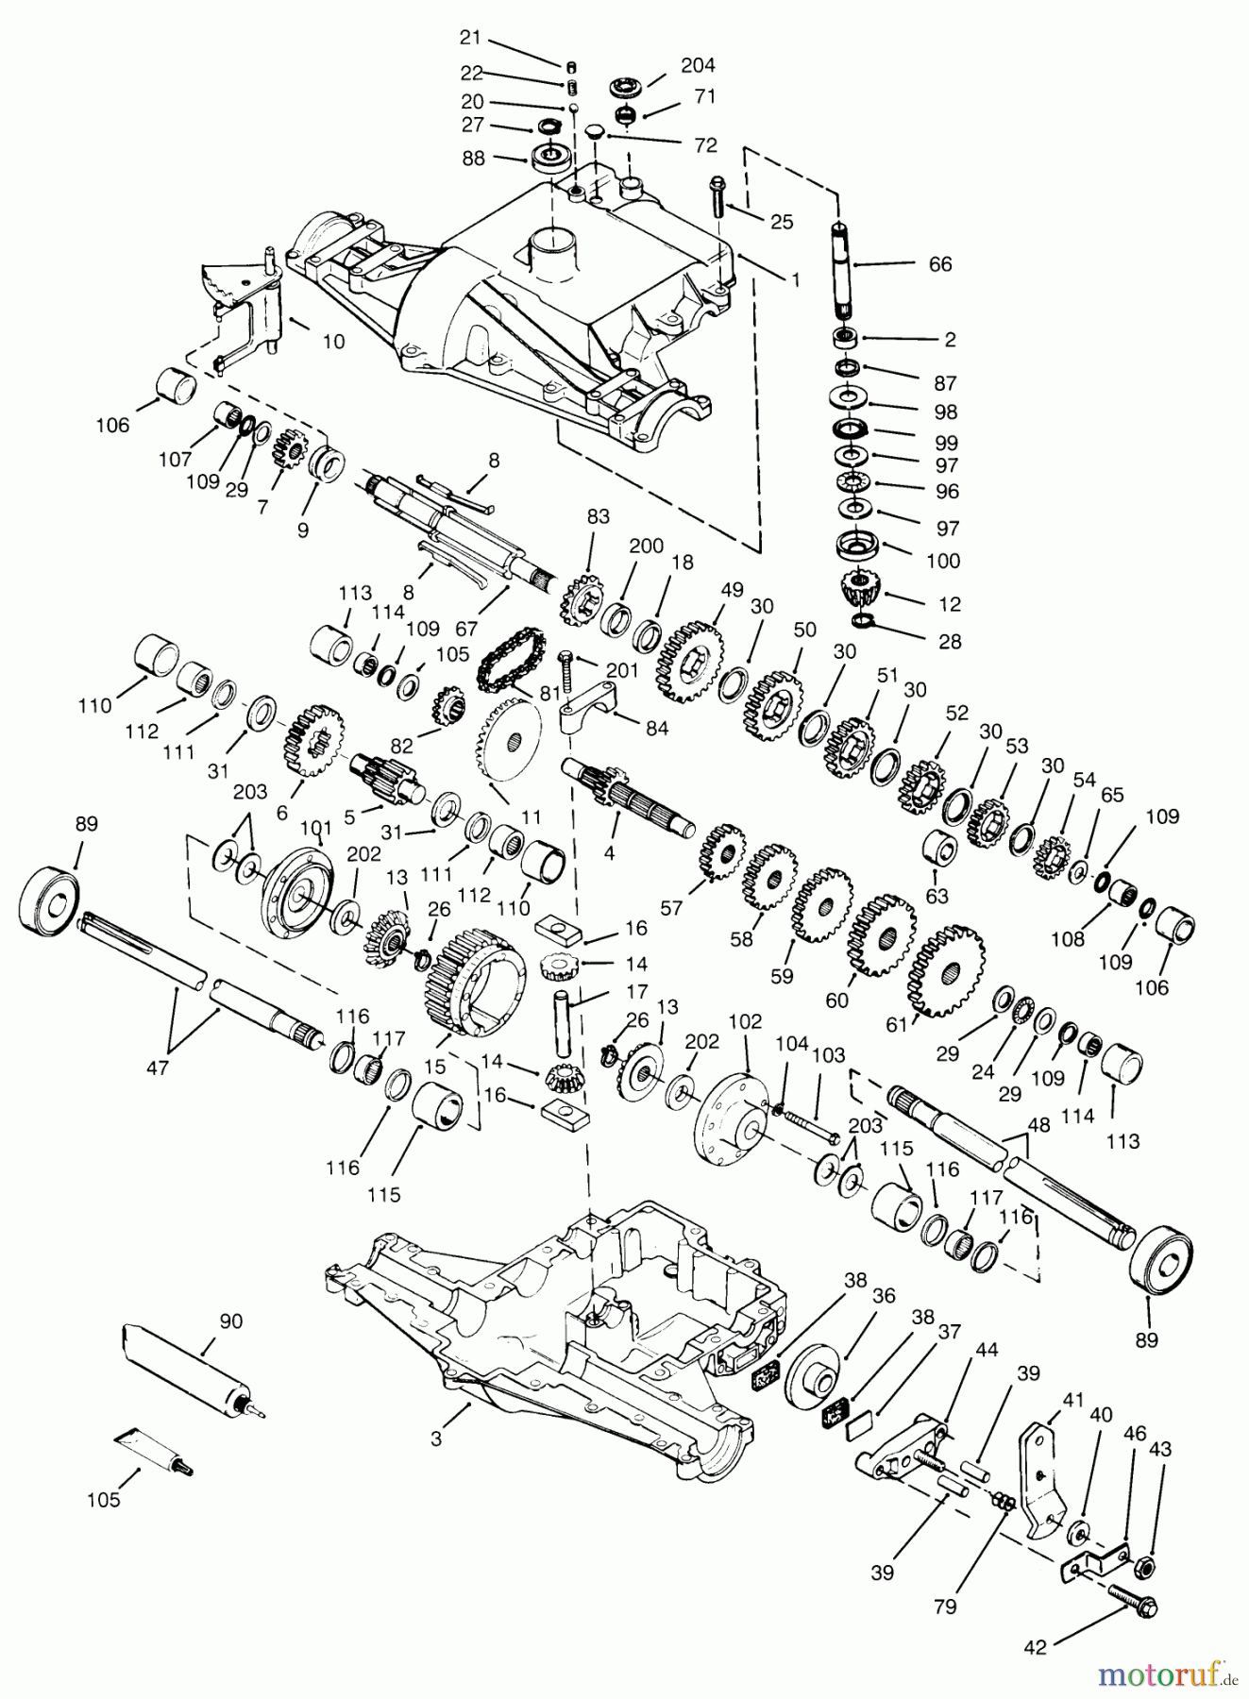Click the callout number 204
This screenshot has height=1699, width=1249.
tap(698, 65)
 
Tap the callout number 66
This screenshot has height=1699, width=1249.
tap(940, 264)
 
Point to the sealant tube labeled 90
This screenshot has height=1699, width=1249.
tap(185, 1370)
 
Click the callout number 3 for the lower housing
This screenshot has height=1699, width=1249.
tap(436, 1438)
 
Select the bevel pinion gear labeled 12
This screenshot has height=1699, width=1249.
tap(859, 592)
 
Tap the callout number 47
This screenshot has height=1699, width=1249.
tap(158, 1068)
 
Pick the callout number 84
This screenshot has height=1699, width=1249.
tap(657, 728)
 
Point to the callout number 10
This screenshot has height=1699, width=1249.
tap(333, 341)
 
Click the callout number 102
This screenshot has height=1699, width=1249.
tap(746, 1021)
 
